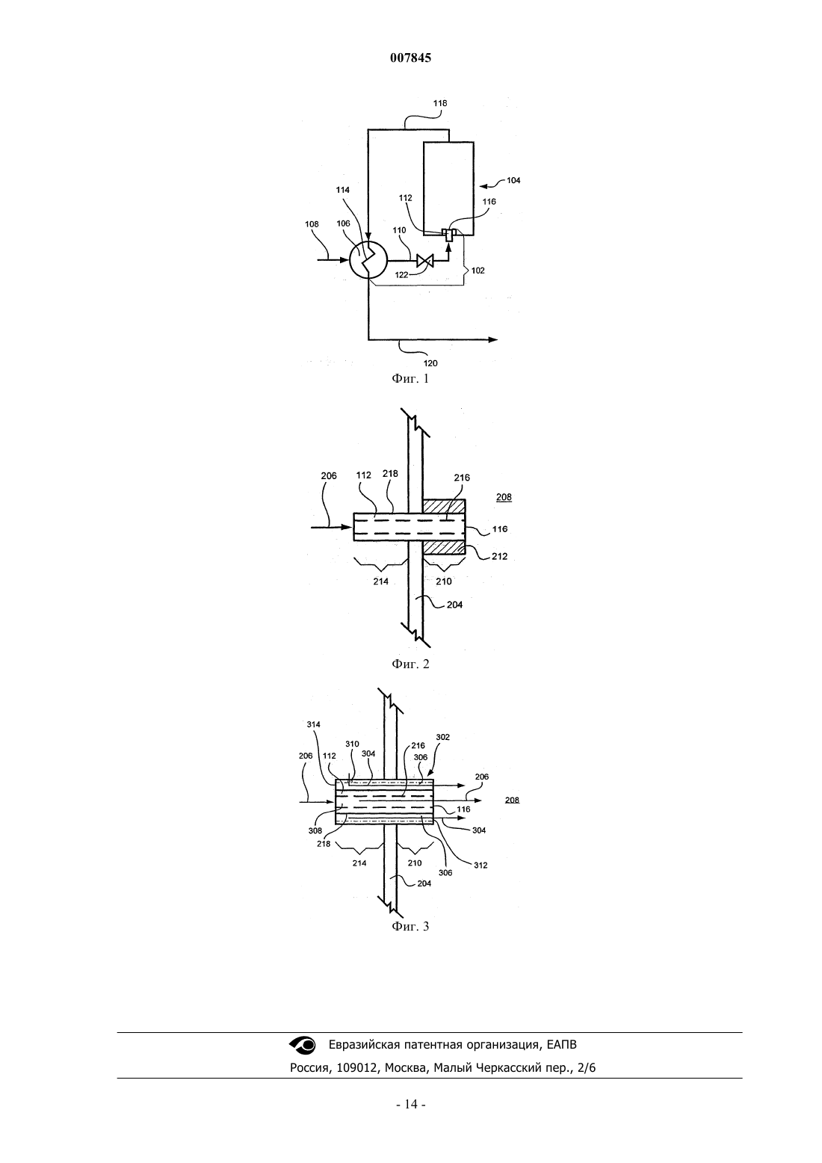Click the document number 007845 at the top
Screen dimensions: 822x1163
tap(410, 58)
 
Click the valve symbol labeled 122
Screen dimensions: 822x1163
tap(425, 260)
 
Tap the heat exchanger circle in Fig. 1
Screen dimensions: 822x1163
tap(368, 260)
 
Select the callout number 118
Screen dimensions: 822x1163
tap(440, 103)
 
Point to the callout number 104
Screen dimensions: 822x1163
tap(513, 181)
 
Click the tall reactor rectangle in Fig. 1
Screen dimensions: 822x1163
tap(448, 188)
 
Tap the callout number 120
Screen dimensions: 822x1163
tap(430, 363)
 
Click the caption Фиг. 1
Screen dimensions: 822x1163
tap(410, 378)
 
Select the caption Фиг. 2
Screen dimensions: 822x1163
tap(410, 664)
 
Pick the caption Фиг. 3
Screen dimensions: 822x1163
tap(410, 926)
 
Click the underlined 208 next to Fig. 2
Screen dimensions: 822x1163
tap(504, 497)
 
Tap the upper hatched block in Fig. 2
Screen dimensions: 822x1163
tap(444, 506)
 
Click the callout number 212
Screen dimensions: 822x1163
tap(500, 557)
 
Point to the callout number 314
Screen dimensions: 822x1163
tap(313, 724)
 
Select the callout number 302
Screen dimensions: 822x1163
tap(442, 737)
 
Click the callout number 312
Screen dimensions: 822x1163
tap(480, 866)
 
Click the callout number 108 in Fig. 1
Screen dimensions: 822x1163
tap(312, 224)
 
